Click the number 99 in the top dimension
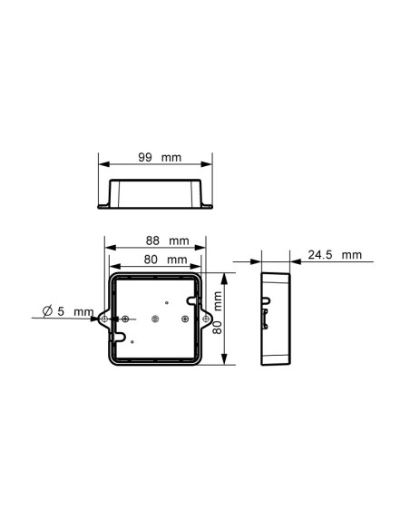click(x=144, y=157)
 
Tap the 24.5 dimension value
click(x=320, y=255)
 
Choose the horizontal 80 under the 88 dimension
click(x=152, y=260)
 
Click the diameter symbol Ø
click(x=48, y=311)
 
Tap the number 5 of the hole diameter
click(x=62, y=311)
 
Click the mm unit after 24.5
click(x=351, y=255)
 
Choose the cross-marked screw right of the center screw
click(x=184, y=319)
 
